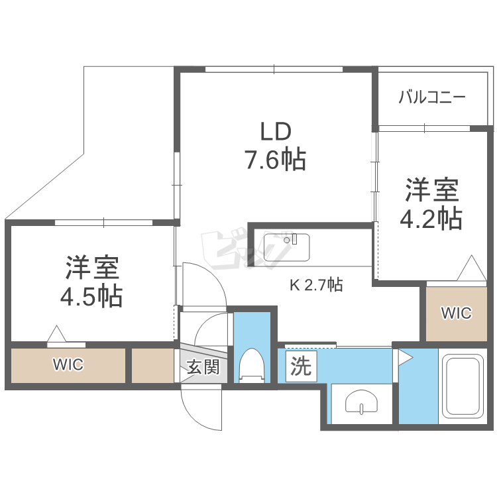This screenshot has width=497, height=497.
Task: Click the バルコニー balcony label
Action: point(432,97)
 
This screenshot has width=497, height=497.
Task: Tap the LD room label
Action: point(276,132)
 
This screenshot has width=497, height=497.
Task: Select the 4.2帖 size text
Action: point(431,219)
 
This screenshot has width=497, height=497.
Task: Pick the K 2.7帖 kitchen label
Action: point(316,285)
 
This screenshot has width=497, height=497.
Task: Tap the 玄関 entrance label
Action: point(203,367)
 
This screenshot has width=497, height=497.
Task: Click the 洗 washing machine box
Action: point(301,366)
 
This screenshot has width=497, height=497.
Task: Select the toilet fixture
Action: point(252,365)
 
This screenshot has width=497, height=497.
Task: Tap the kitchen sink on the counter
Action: point(286,247)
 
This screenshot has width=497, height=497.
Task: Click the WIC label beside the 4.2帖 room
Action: point(456,313)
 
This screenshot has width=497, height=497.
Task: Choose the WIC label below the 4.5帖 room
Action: point(68,364)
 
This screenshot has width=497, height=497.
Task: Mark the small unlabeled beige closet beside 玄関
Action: point(153,365)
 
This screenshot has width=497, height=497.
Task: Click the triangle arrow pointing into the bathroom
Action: point(406,358)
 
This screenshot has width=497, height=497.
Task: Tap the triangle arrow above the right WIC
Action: point(471,268)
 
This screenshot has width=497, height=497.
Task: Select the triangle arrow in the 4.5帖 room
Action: point(57,334)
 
